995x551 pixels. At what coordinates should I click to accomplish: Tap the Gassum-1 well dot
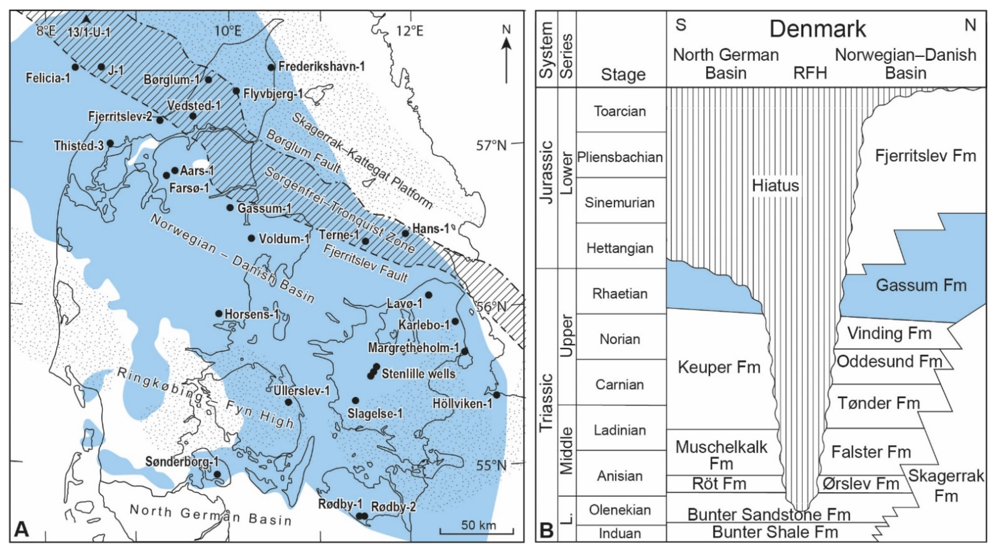(230, 207)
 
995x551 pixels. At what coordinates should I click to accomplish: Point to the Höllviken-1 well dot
(497, 395)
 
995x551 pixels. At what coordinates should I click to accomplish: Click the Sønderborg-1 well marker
(217, 474)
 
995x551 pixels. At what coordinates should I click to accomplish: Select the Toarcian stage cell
(620, 111)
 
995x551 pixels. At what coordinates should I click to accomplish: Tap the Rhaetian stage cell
(620, 294)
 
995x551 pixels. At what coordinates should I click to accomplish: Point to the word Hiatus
(775, 186)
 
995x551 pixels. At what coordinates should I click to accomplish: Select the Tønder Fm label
(879, 403)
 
